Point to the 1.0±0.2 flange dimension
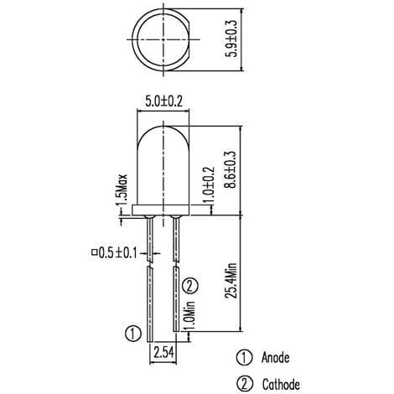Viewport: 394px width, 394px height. pos(209,183)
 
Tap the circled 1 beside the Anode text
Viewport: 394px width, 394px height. pos(244,358)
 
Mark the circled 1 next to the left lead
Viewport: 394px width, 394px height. pos(131,332)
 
